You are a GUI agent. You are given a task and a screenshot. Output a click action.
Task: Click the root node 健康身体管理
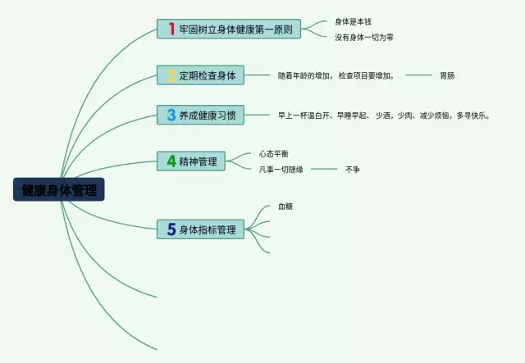tap(58, 190)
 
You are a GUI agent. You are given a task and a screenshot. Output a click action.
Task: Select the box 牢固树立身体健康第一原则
tap(235, 29)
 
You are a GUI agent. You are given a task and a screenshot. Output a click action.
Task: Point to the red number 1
tap(171, 29)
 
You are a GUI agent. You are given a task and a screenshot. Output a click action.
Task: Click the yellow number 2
tap(171, 75)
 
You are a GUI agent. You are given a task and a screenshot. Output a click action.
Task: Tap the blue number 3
tap(171, 116)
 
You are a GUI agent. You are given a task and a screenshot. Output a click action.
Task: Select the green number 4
tap(171, 161)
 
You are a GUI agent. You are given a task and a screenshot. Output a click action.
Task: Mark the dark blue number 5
tap(171, 230)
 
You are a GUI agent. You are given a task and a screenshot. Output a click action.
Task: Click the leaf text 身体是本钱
tap(354, 21)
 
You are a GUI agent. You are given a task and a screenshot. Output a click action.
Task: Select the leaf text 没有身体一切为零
tap(364, 37)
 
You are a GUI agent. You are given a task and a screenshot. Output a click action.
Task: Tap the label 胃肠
tap(447, 75)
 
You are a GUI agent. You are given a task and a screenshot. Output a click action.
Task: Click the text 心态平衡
tap(274, 153)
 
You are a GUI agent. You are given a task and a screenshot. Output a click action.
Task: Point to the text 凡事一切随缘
tap(281, 169)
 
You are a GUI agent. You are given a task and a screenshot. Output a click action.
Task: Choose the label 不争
tap(353, 169)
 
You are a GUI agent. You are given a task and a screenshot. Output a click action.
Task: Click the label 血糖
tap(285, 206)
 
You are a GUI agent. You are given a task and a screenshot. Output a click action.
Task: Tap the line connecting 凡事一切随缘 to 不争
tap(324, 169)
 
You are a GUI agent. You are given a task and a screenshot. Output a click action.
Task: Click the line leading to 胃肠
tap(418, 75)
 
